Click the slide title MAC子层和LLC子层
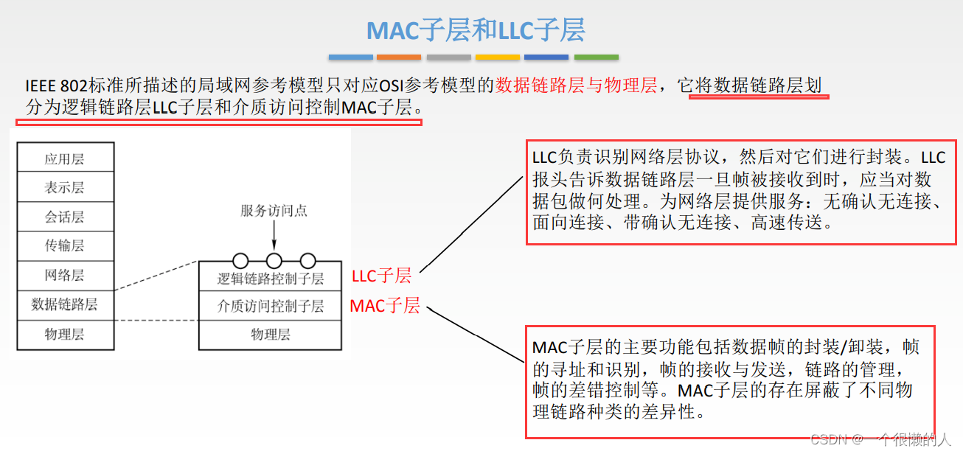(476, 30)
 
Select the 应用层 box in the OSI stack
(65, 158)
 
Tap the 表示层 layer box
(65, 188)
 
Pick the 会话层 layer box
(65, 217)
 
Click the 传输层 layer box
(65, 246)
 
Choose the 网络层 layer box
(65, 276)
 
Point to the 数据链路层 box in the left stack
(65, 304)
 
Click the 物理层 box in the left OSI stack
(65, 334)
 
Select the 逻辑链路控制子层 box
(270, 278)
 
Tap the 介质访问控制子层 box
(270, 305)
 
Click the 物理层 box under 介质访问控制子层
(270, 334)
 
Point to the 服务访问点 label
(274, 211)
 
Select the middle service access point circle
(274, 260)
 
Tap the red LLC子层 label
(381, 276)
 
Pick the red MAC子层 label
(384, 306)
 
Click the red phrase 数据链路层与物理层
(576, 86)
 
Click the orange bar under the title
(398, 57)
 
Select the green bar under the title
(596, 57)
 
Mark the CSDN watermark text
(881, 440)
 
